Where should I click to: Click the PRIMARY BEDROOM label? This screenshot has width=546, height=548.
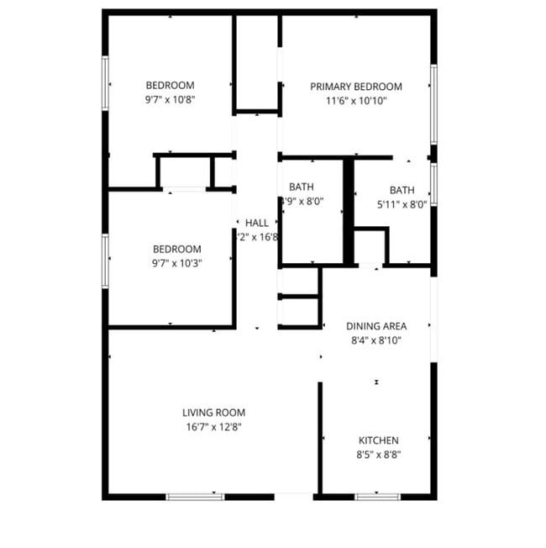click(x=355, y=87)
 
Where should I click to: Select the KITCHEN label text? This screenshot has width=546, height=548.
click(x=378, y=440)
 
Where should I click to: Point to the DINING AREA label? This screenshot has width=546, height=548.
click(x=376, y=326)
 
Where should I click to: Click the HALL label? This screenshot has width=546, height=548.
click(x=257, y=223)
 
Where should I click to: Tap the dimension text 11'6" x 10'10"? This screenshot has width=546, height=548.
click(x=355, y=101)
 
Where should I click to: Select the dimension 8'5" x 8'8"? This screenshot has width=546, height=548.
click(x=378, y=455)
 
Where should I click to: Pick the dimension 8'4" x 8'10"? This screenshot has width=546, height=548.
click(x=376, y=340)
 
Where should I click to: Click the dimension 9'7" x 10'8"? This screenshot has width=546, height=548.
click(x=170, y=99)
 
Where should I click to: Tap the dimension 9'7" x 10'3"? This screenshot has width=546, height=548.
click(x=176, y=262)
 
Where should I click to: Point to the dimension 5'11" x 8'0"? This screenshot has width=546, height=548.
click(x=402, y=203)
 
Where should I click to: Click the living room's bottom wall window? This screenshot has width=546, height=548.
click(x=195, y=497)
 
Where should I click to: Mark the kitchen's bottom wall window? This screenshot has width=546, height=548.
click(x=375, y=497)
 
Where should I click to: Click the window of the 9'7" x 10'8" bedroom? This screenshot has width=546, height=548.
click(x=105, y=82)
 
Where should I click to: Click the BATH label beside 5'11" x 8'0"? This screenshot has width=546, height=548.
click(x=402, y=190)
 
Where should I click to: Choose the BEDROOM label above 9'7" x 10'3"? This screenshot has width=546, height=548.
click(x=176, y=249)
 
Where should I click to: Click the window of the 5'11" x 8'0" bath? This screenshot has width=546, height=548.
click(x=433, y=185)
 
